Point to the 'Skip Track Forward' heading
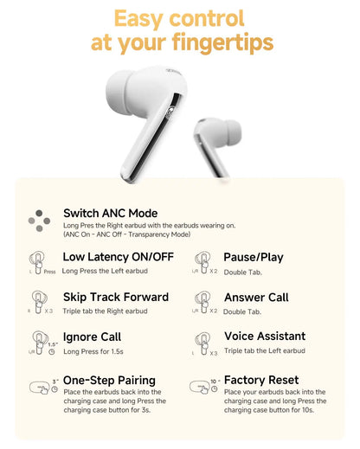tap(116, 297)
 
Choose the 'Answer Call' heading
tap(256, 297)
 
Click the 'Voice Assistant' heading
tap(264, 336)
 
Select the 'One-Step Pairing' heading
tap(109, 380)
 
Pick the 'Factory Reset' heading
tap(261, 380)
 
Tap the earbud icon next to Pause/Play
tap(202, 260)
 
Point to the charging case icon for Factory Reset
tap(200, 388)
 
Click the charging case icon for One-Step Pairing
tap(38, 388)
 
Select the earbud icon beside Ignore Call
tap(36, 339)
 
